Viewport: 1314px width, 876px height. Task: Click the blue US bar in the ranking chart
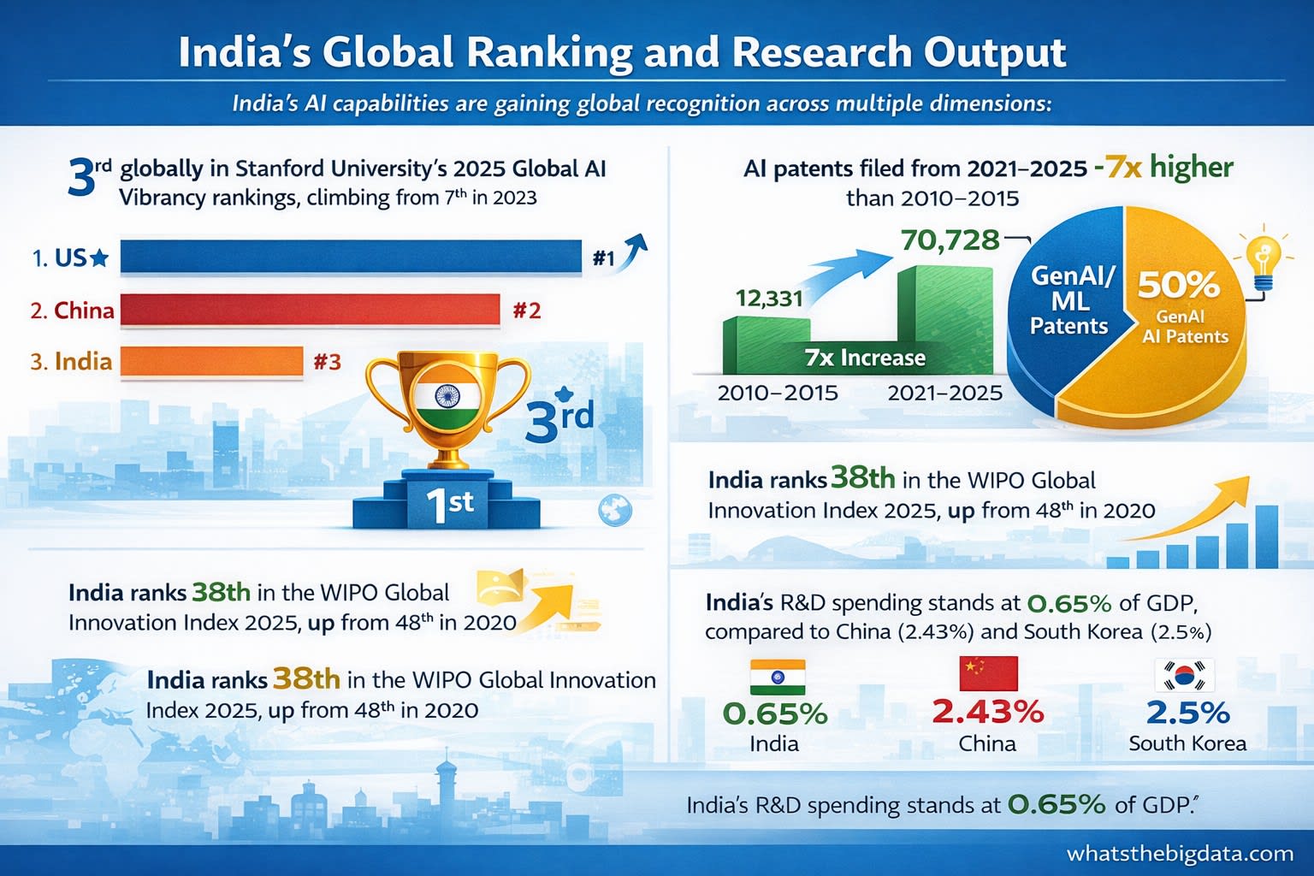351,257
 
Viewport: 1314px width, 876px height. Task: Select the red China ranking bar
310,310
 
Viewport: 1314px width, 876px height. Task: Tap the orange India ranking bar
211,361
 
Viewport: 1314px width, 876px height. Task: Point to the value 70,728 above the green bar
950,240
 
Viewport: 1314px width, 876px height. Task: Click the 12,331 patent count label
769,298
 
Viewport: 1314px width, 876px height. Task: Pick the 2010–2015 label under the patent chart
778,393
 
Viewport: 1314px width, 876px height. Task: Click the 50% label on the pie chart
1178,284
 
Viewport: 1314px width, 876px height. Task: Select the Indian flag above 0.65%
778,677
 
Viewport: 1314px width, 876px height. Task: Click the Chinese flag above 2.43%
989,673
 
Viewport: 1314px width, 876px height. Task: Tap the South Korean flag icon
1185,675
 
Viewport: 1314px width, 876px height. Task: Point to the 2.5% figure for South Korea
1187,712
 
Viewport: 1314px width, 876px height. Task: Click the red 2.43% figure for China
988,711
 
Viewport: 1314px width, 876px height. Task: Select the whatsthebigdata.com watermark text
1180,854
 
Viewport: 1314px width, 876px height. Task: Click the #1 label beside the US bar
604,257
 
